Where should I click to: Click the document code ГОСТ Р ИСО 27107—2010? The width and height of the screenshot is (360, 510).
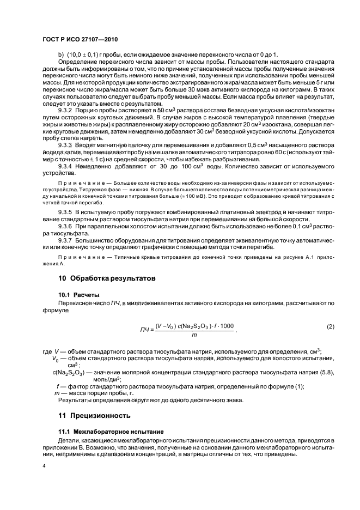(81, 40)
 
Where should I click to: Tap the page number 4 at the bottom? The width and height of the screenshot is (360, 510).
(44, 467)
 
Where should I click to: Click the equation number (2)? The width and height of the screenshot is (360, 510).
(330, 326)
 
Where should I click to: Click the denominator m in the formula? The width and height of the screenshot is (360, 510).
(194, 335)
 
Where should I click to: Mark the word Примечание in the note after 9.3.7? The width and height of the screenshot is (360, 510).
(77, 256)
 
